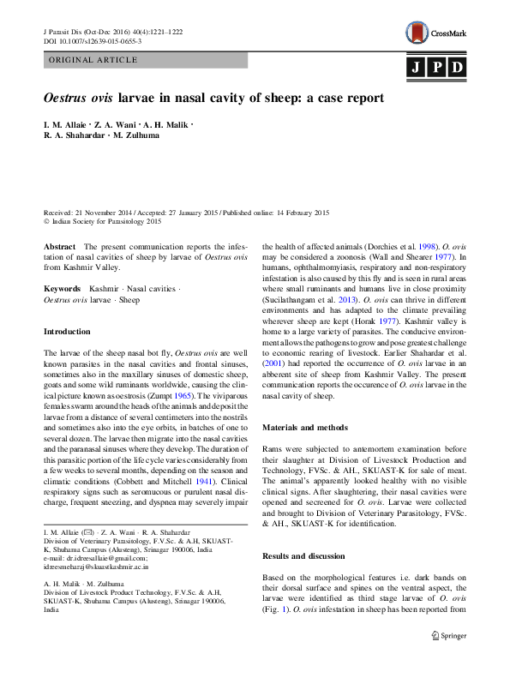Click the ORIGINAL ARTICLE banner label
point(94,60)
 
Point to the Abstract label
point(59,245)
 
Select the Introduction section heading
point(67,331)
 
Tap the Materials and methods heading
point(305,427)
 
